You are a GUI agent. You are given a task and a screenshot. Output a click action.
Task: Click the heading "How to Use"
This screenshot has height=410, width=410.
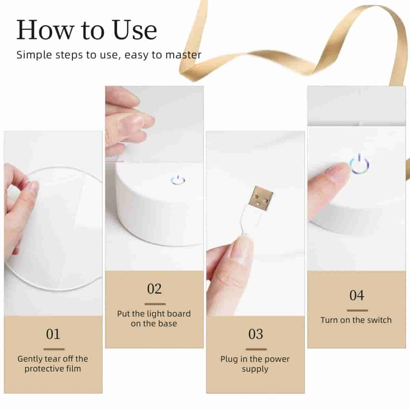point(87,30)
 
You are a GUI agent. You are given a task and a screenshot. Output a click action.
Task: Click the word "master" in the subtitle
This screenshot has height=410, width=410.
point(183,55)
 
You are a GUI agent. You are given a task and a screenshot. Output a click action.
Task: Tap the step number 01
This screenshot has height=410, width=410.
point(53,334)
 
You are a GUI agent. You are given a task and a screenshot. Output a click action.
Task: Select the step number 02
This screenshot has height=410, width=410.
point(154,289)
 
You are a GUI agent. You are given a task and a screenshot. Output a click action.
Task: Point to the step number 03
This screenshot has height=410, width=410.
point(256,334)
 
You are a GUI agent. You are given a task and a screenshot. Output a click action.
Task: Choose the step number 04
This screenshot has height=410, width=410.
point(357,296)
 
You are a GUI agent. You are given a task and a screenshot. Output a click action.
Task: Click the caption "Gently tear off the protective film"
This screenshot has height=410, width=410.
point(53,364)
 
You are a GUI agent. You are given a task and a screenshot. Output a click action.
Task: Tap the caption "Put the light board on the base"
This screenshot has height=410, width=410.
point(154,318)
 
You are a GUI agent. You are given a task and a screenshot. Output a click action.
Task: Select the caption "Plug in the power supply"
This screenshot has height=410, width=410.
point(255,364)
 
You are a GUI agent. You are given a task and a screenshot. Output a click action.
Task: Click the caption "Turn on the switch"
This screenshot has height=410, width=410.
point(356,320)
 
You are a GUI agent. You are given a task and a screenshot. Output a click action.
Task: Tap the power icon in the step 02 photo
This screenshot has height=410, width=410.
point(178,180)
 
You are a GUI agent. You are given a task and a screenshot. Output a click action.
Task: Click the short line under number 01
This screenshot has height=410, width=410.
point(54,349)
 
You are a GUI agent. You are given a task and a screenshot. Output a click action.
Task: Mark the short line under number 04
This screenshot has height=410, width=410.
point(357,311)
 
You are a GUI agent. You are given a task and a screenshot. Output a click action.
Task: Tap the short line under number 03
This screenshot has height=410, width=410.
point(256,350)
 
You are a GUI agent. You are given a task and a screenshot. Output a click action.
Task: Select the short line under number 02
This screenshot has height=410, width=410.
point(155,304)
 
